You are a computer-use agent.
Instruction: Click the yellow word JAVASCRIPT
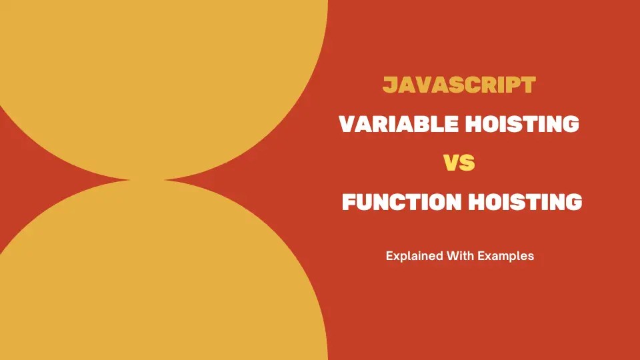click(459, 85)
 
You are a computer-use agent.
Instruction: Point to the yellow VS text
click(459, 163)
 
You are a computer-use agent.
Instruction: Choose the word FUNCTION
click(393, 202)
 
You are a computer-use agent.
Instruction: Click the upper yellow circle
click(153, 73)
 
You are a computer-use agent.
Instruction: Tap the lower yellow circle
click(153, 280)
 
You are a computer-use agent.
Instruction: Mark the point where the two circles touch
click(147, 179)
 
